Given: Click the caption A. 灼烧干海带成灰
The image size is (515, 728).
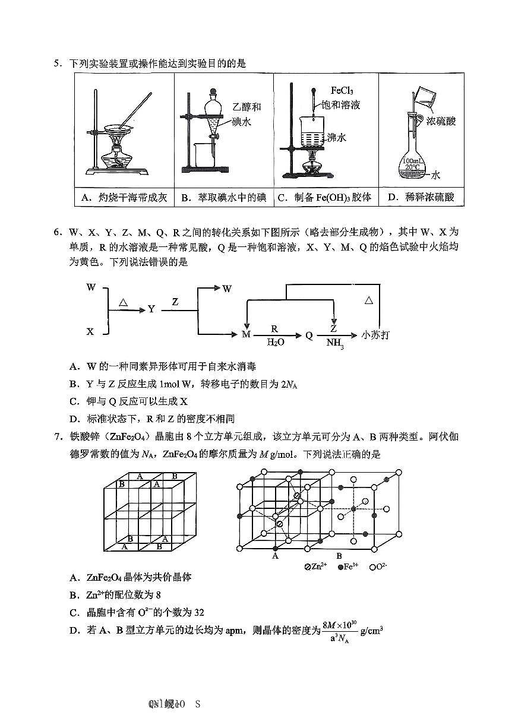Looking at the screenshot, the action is coord(124,197).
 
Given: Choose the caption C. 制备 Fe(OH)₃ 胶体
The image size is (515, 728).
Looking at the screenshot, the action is coord(324,197).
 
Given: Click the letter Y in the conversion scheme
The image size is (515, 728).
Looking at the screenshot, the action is coord(151,309).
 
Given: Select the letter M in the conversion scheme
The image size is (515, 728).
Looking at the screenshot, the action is coord(247,335).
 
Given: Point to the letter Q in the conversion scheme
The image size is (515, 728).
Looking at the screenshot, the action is coord(309,335).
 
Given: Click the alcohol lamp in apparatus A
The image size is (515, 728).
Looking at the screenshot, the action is coord(118,156).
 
